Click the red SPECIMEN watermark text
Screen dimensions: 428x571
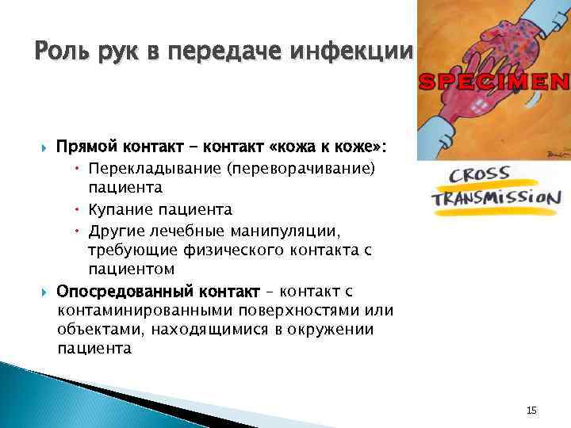point(493,81)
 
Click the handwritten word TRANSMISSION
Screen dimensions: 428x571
point(496,197)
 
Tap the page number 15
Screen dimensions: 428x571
point(531,410)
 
